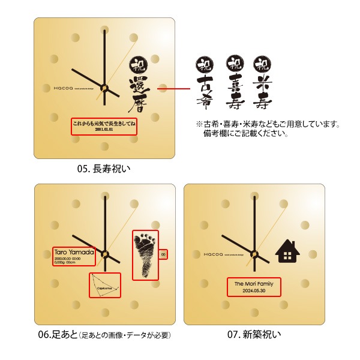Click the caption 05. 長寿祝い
(x=103, y=169)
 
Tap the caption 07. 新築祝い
(x=254, y=334)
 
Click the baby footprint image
(x=145, y=254)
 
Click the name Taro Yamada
(x=74, y=253)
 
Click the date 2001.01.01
(x=104, y=129)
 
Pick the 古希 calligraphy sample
(x=203, y=84)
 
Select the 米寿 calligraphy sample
(x=260, y=84)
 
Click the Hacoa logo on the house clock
(x=214, y=254)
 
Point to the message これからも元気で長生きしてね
(x=104, y=122)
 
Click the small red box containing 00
(x=163, y=254)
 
